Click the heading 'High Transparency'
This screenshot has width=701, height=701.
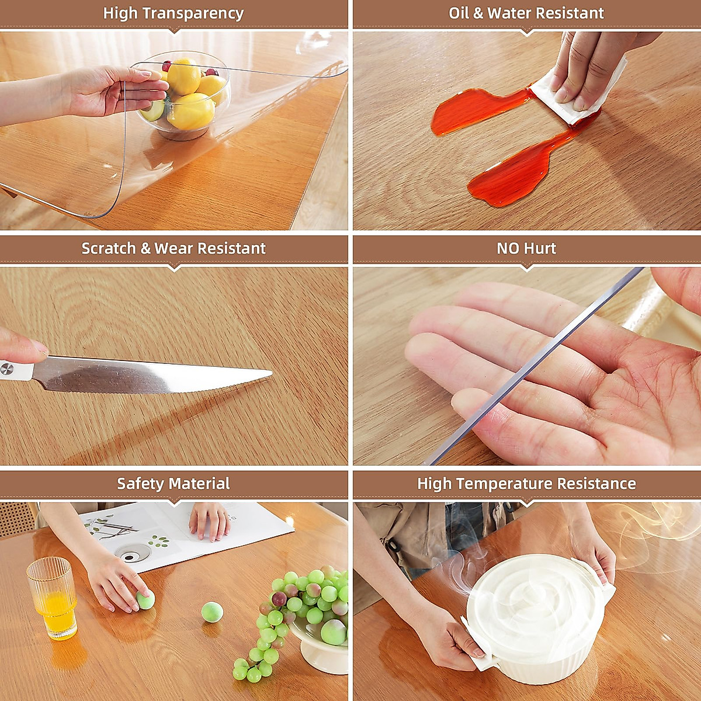(173, 13)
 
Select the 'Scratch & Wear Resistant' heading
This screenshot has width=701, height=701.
(173, 248)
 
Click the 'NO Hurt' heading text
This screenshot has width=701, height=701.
(526, 248)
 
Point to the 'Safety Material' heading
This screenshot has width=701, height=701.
(173, 484)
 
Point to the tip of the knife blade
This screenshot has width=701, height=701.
(269, 373)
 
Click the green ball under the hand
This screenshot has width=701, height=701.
(145, 599)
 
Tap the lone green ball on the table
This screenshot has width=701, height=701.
(211, 611)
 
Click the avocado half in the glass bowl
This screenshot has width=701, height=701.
(153, 110)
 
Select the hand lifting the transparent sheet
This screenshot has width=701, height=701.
(111, 91)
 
